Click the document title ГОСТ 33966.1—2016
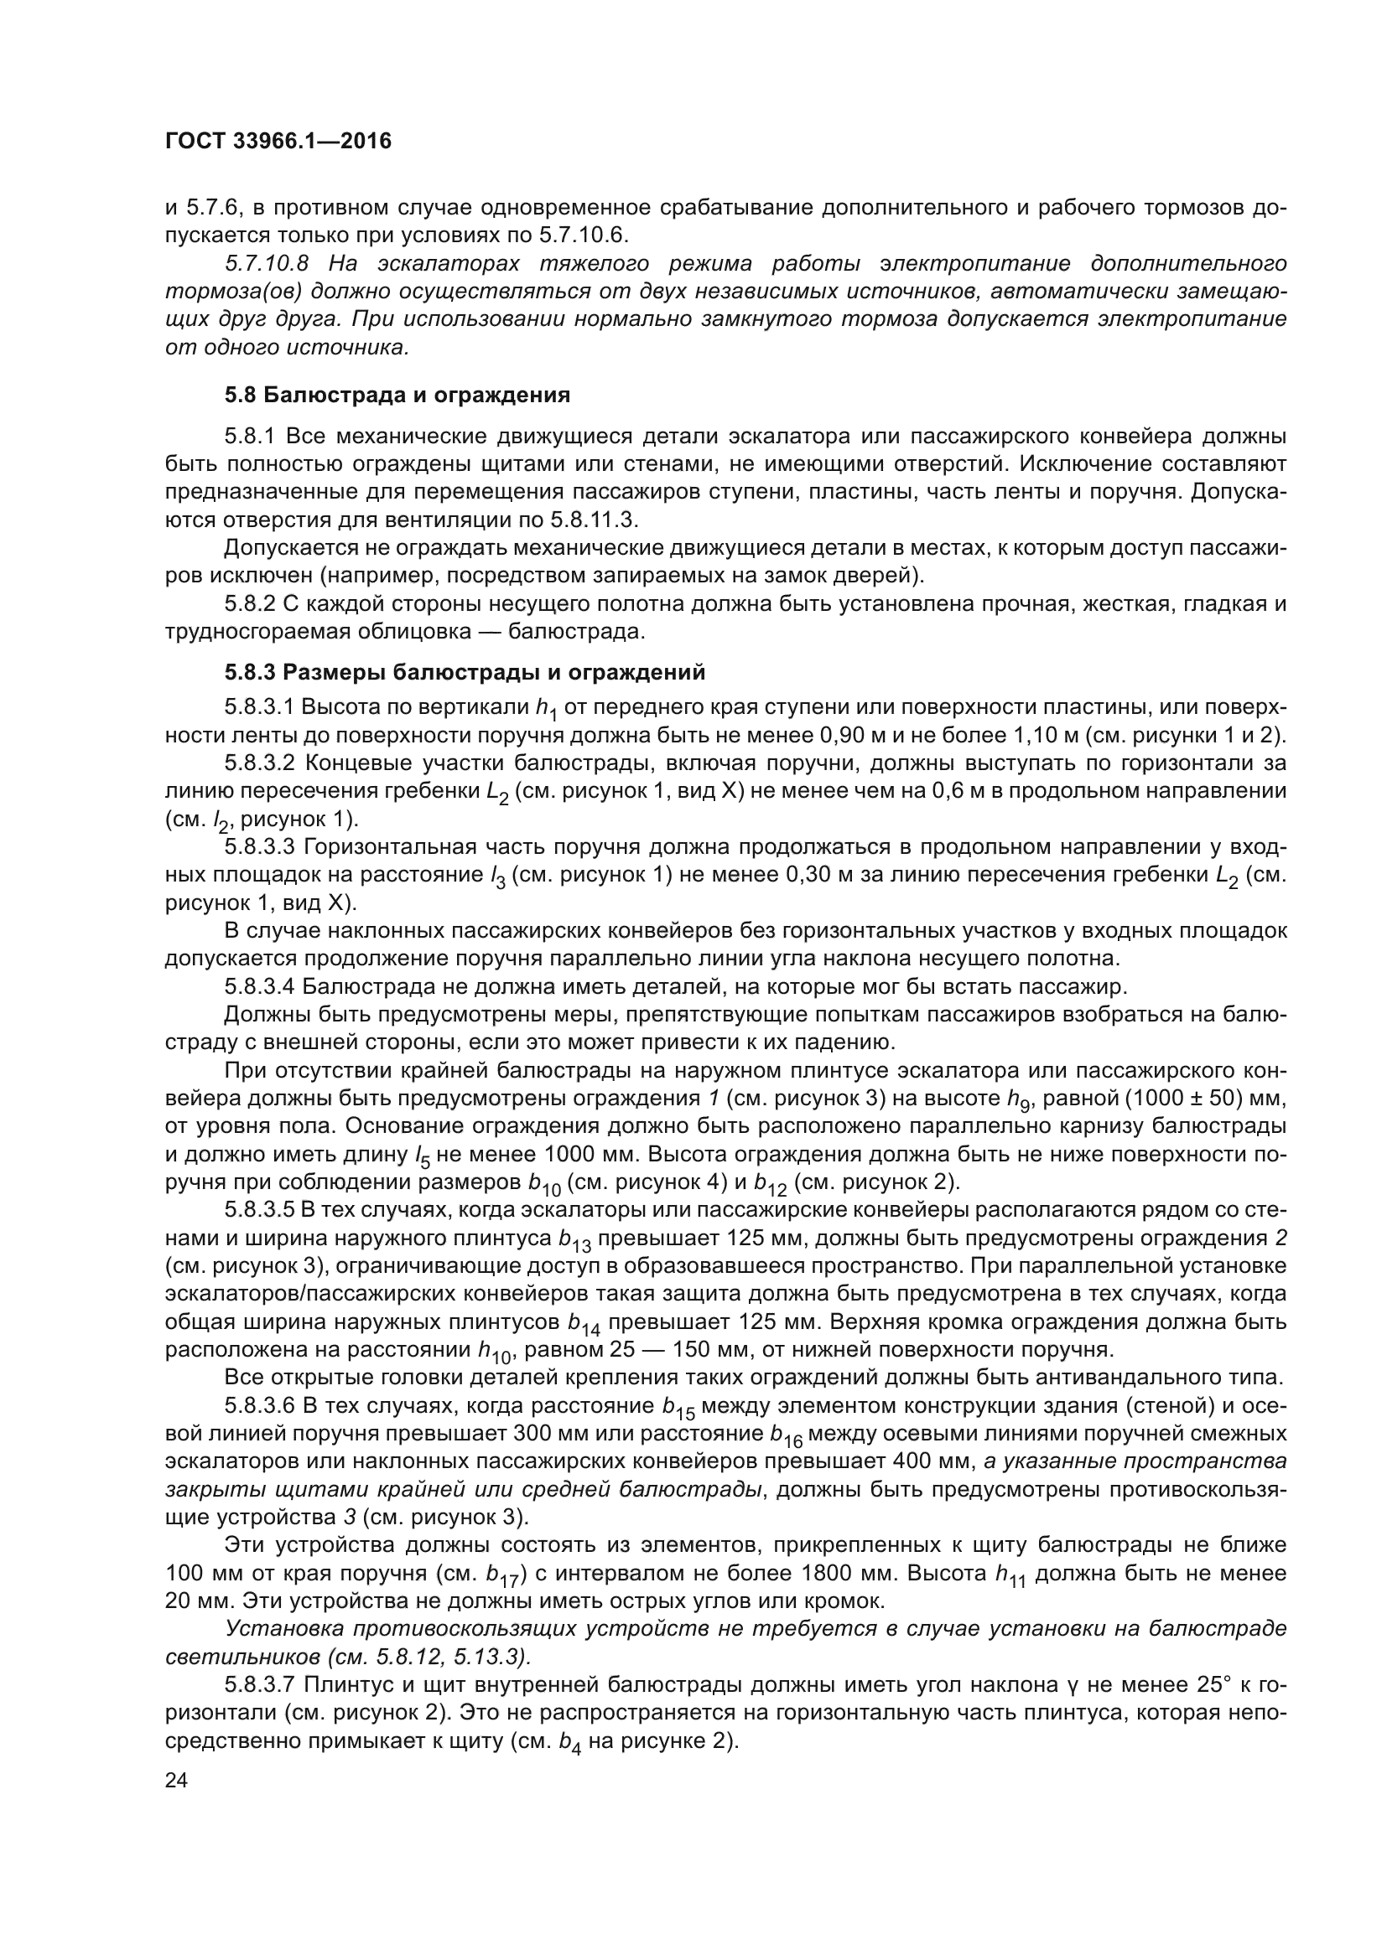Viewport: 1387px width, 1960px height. point(278,142)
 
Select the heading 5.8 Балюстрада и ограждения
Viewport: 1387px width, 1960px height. point(397,396)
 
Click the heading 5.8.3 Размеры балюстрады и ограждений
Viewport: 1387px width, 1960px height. point(465,673)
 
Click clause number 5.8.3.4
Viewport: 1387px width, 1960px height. point(260,987)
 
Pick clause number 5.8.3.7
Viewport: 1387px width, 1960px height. point(260,1685)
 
